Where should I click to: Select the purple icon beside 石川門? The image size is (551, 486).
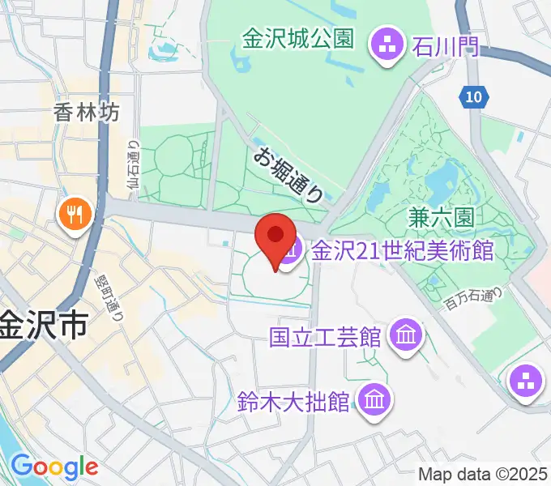pyautogui.click(x=386, y=46)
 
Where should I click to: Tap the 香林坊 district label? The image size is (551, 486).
pyautogui.click(x=87, y=112)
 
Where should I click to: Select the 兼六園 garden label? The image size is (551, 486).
pyautogui.click(x=441, y=217)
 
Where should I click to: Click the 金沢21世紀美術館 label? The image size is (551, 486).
pyautogui.click(x=402, y=249)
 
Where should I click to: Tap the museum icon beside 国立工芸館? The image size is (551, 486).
pyautogui.click(x=404, y=337)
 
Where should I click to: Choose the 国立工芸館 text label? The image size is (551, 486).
pyautogui.click(x=326, y=337)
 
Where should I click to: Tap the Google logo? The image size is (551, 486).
pyautogui.click(x=54, y=466)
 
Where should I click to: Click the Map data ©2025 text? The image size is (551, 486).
pyautogui.click(x=481, y=473)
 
